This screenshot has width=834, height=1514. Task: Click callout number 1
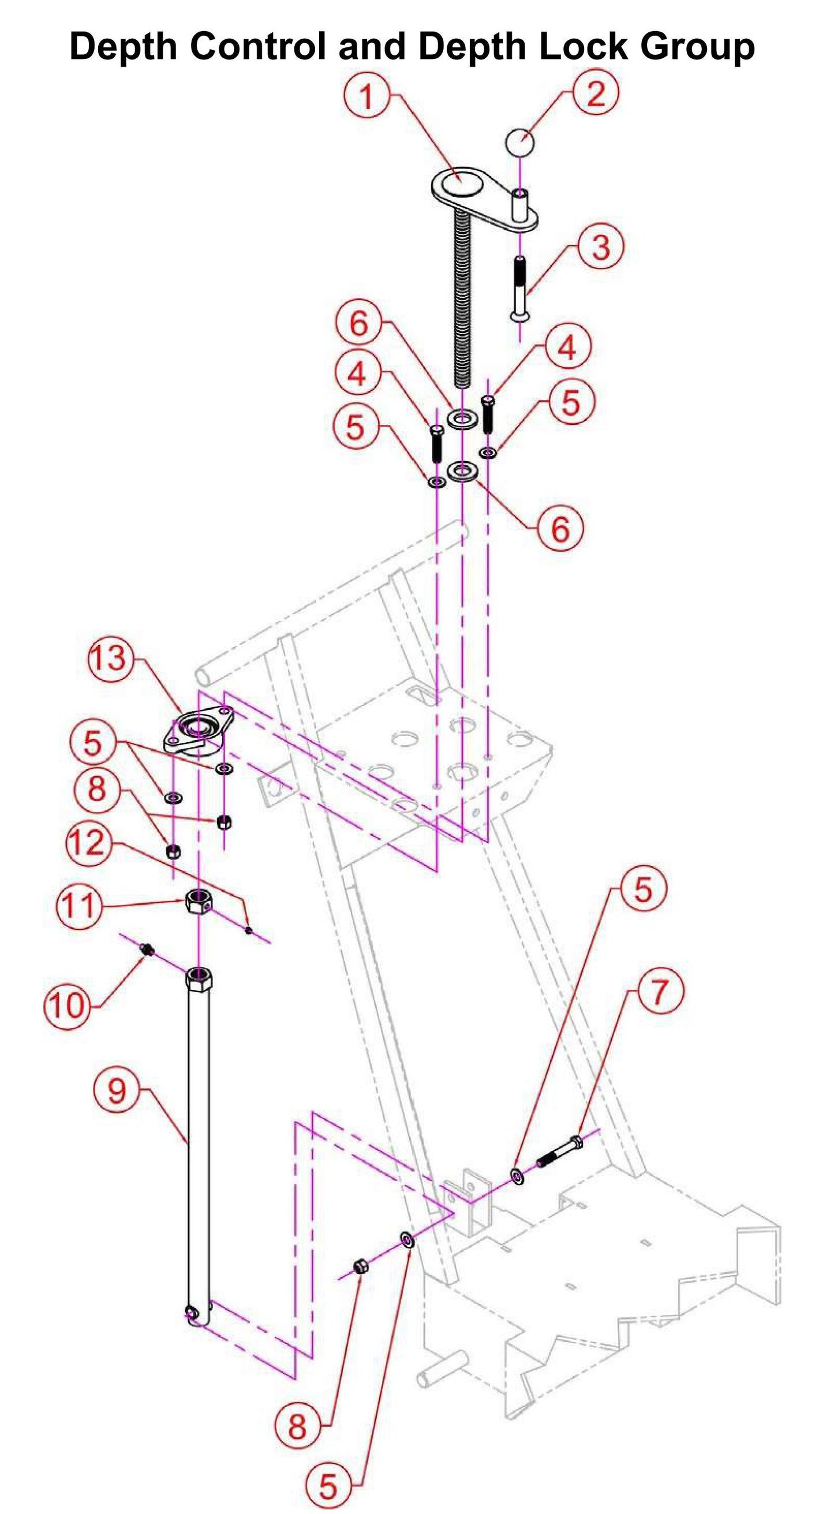[x=366, y=96]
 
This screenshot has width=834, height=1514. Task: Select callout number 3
[x=600, y=247]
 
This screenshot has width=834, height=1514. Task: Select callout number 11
[x=78, y=904]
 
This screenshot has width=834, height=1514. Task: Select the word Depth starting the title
[x=124, y=46]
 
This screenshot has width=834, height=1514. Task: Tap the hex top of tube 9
[x=199, y=980]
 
